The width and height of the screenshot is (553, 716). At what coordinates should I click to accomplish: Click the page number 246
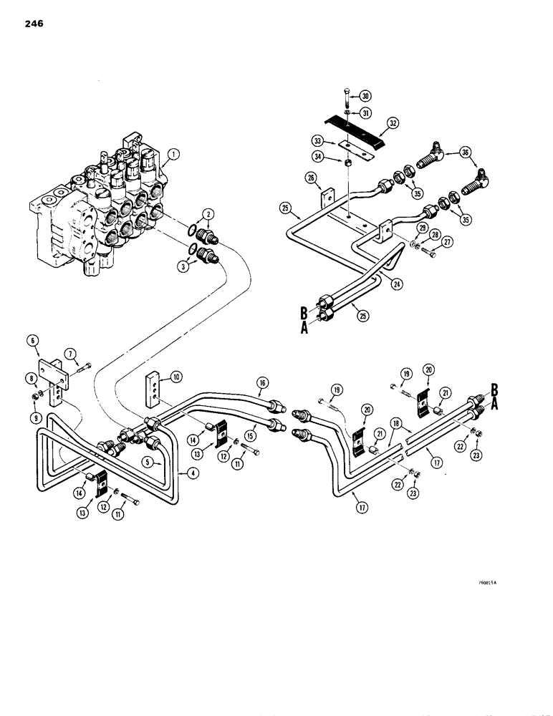click(32, 24)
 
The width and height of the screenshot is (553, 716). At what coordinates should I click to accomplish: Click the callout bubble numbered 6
click(34, 342)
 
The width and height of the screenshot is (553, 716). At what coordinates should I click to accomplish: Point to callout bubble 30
click(364, 96)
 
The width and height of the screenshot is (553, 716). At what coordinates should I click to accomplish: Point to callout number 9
click(34, 413)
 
